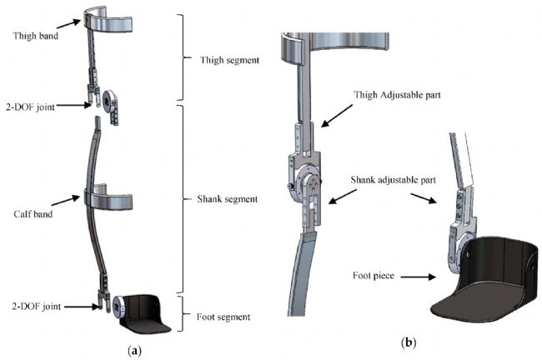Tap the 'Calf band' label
pos(31,199)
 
